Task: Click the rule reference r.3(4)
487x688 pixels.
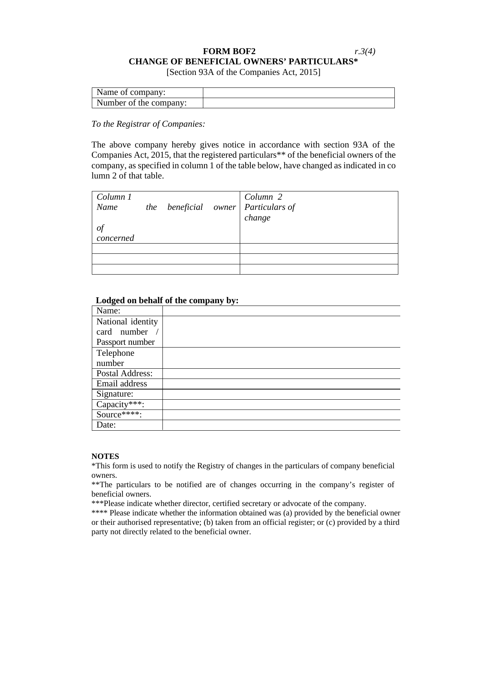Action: [x=365, y=51]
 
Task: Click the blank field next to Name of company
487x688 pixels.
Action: [x=298, y=93]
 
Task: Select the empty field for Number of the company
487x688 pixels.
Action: [x=298, y=103]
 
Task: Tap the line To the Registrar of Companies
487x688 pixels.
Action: [x=148, y=124]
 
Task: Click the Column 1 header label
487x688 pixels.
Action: [x=114, y=197]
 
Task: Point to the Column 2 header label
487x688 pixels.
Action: [x=263, y=197]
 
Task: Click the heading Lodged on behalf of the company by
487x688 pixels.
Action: [x=167, y=300]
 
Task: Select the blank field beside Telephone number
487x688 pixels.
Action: [x=281, y=358]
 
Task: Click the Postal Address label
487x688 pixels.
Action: [x=124, y=373]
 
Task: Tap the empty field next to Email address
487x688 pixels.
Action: [x=281, y=384]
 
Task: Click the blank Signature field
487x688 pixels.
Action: [x=281, y=394]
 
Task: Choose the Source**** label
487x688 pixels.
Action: [x=119, y=415]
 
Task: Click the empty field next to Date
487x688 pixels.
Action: [x=281, y=425]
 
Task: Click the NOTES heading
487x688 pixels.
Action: [x=105, y=456]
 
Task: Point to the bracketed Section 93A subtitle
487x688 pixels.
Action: [x=243, y=72]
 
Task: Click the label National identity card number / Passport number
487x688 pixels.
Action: [x=127, y=332]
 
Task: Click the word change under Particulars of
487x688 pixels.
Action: [x=257, y=218]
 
